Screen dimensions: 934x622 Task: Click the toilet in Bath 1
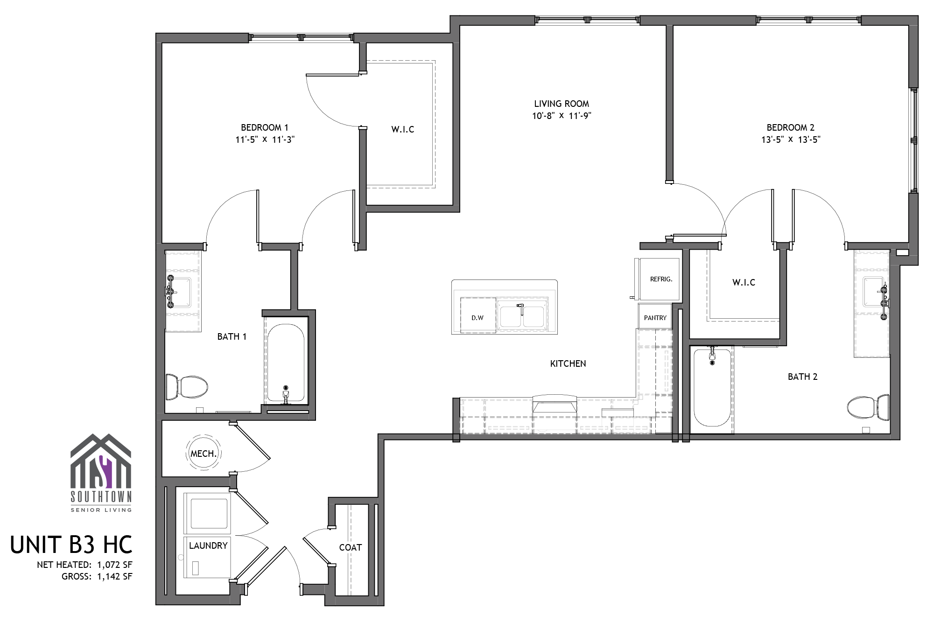coord(186,387)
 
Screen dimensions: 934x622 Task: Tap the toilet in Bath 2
coord(868,407)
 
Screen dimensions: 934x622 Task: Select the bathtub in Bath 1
coord(286,363)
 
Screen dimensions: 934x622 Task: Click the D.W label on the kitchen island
coord(478,318)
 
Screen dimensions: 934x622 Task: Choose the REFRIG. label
coord(661,280)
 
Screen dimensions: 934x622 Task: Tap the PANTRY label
coord(655,318)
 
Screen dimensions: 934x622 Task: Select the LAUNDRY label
coord(208,545)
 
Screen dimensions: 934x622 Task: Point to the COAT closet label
coord(351,547)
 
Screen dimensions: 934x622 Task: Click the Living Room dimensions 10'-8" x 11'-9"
coord(562,116)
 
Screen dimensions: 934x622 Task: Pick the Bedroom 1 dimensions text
coord(265,139)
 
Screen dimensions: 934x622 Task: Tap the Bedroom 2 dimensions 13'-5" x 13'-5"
coord(791,139)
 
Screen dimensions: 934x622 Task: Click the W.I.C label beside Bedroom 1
coord(403,129)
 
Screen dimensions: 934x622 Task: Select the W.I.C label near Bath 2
coord(744,282)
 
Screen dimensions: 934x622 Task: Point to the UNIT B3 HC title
coord(71,545)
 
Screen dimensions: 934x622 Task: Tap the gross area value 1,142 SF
coord(114,576)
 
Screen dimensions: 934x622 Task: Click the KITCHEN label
coord(568,363)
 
